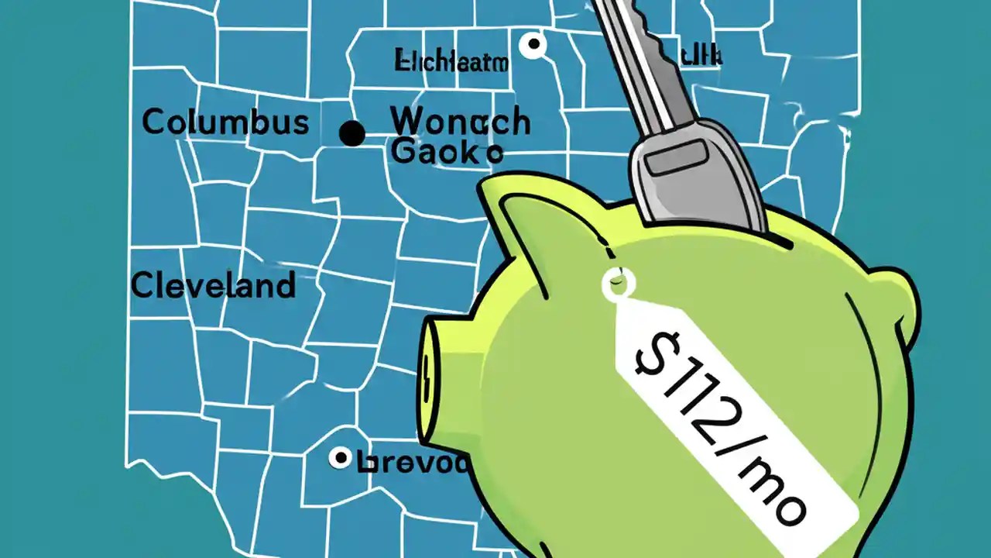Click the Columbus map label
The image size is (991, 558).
pos(225,122)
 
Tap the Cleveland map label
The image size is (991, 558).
pos(213,286)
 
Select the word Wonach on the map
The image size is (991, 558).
pos(460,122)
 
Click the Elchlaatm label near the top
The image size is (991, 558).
pos(451,60)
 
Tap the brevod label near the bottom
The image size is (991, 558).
pos(414,463)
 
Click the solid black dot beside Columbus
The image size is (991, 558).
pos(352,133)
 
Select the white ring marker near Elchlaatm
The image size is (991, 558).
pos(533,45)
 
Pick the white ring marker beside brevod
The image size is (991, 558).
pos(340,458)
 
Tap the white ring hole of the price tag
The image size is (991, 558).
pos(618,284)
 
